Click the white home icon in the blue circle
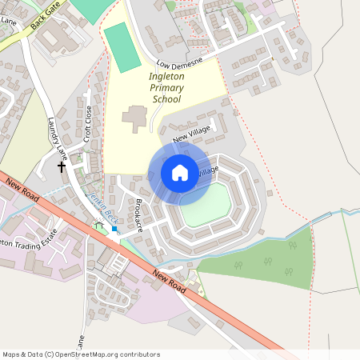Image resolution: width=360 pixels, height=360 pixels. point(179,173)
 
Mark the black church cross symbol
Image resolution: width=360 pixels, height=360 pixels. point(62,167)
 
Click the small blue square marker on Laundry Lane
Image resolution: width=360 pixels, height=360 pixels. point(114,230)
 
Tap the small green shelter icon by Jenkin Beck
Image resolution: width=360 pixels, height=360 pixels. point(99,226)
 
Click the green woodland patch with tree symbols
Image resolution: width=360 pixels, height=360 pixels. point(264,260)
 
